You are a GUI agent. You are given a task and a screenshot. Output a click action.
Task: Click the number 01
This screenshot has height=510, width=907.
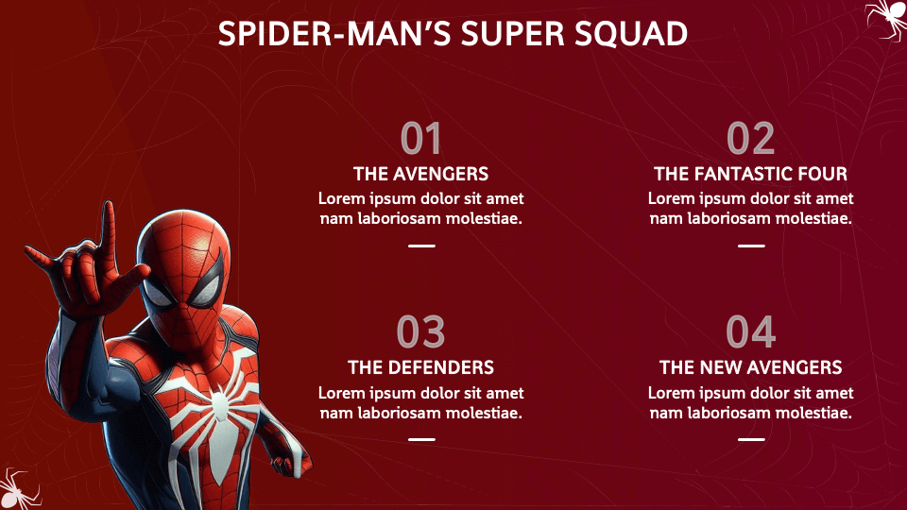pyautogui.click(x=420, y=140)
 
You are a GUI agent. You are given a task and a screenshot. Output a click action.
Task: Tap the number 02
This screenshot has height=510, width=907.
pyautogui.click(x=750, y=140)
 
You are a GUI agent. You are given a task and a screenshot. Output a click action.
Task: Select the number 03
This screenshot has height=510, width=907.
pyautogui.click(x=420, y=332)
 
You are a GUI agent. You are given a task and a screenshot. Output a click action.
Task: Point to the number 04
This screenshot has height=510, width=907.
pyautogui.click(x=750, y=332)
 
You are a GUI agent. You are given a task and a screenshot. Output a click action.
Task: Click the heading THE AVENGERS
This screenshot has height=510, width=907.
pyautogui.click(x=420, y=174)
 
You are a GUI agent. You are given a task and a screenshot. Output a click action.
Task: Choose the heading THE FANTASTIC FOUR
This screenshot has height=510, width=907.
pyautogui.click(x=750, y=174)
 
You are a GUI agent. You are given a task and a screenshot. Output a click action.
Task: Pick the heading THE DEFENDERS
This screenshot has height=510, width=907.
pyautogui.click(x=420, y=366)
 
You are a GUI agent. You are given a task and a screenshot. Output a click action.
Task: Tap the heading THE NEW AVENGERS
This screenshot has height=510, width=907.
pyautogui.click(x=750, y=366)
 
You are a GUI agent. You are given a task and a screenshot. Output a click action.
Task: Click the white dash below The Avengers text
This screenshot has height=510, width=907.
pyautogui.click(x=421, y=246)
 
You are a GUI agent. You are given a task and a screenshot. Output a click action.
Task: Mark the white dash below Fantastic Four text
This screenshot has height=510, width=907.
pyautogui.click(x=751, y=246)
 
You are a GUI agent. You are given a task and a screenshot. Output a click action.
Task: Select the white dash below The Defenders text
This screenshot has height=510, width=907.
pyautogui.click(x=421, y=439)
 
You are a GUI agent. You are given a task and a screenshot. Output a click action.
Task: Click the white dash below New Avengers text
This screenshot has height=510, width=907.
pyautogui.click(x=751, y=439)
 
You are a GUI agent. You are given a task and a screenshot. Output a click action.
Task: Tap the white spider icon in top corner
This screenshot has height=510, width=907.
pyautogui.click(x=886, y=17)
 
